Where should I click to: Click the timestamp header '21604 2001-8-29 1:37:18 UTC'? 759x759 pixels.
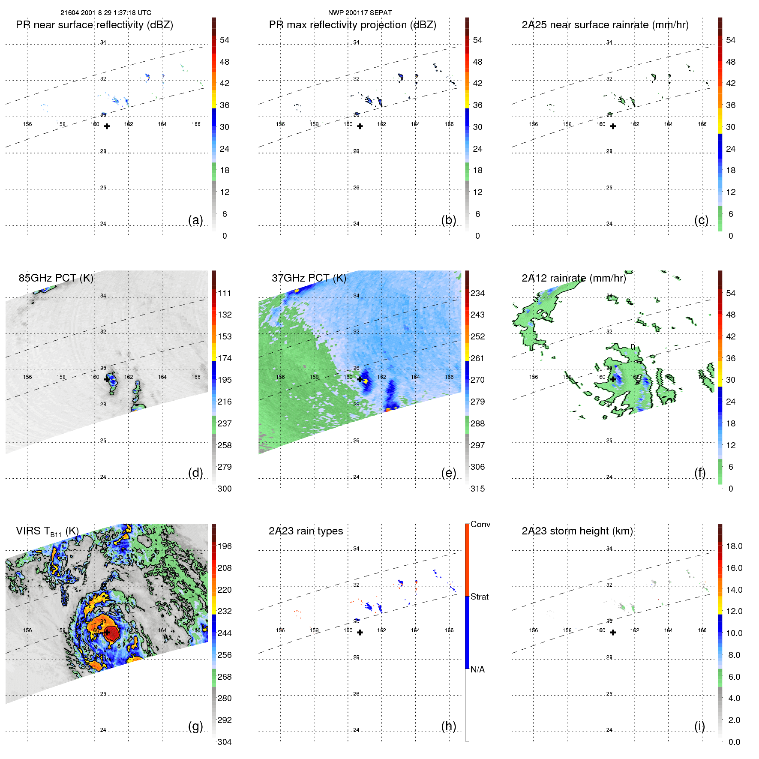coord(105,13)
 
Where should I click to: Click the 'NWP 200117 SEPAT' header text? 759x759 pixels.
coord(360,13)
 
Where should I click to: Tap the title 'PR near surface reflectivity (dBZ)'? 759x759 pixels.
coord(94,25)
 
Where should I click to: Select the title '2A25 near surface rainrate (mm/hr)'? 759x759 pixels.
coord(605,25)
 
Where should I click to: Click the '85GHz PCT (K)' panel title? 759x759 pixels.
coord(56,278)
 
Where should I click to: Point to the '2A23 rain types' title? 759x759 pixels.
coord(306,531)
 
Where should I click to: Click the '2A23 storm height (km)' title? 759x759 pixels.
coord(577,531)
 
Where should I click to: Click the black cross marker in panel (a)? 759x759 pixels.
coord(107,126)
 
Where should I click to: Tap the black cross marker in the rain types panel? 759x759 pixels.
coord(360,633)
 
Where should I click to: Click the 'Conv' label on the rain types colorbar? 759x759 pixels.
coord(480,525)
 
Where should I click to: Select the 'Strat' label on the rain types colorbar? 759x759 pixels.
coord(479,597)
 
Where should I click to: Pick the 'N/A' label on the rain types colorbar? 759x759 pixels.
coord(477,669)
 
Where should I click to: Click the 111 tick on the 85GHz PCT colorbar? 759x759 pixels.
coord(225,294)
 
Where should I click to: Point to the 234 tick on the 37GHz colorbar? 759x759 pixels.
coord(477,294)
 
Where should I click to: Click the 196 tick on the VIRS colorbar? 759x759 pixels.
coord(225,546)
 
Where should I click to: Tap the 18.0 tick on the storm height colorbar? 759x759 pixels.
coord(734,546)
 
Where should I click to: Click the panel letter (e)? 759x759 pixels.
coord(448,473)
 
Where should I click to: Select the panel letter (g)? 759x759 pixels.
coord(195,726)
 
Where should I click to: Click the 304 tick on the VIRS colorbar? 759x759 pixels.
coord(225,742)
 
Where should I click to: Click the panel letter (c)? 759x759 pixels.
coord(701,220)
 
